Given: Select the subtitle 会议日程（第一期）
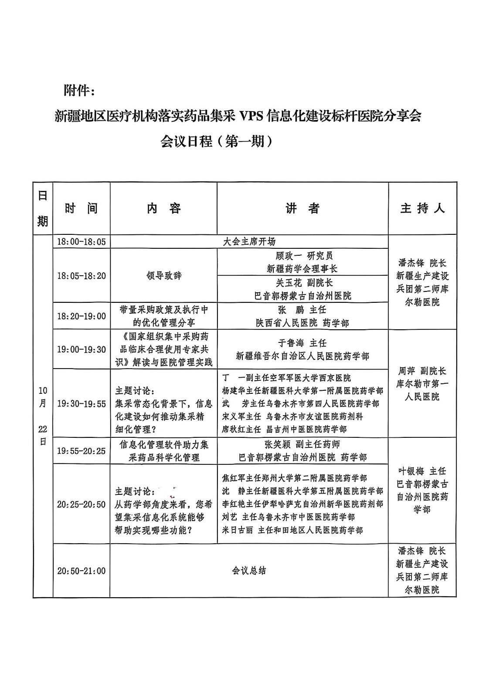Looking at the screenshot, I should [217, 141].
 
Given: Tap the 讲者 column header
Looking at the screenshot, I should [302, 208].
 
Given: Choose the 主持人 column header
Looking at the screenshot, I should [422, 208].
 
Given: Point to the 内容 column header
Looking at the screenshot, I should [163, 208].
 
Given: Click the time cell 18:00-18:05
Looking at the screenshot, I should [82, 242].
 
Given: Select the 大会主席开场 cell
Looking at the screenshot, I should [249, 241].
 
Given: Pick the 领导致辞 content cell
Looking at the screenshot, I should [163, 275].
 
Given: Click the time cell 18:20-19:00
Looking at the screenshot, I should [82, 316].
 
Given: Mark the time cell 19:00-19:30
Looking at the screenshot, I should [82, 349].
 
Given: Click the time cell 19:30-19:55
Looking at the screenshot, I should [82, 404].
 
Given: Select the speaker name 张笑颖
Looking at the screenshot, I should [277, 444].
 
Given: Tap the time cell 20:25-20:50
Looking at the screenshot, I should [82, 504].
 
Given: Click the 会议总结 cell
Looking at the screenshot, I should [249, 571].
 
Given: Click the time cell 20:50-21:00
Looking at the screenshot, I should [82, 571].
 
